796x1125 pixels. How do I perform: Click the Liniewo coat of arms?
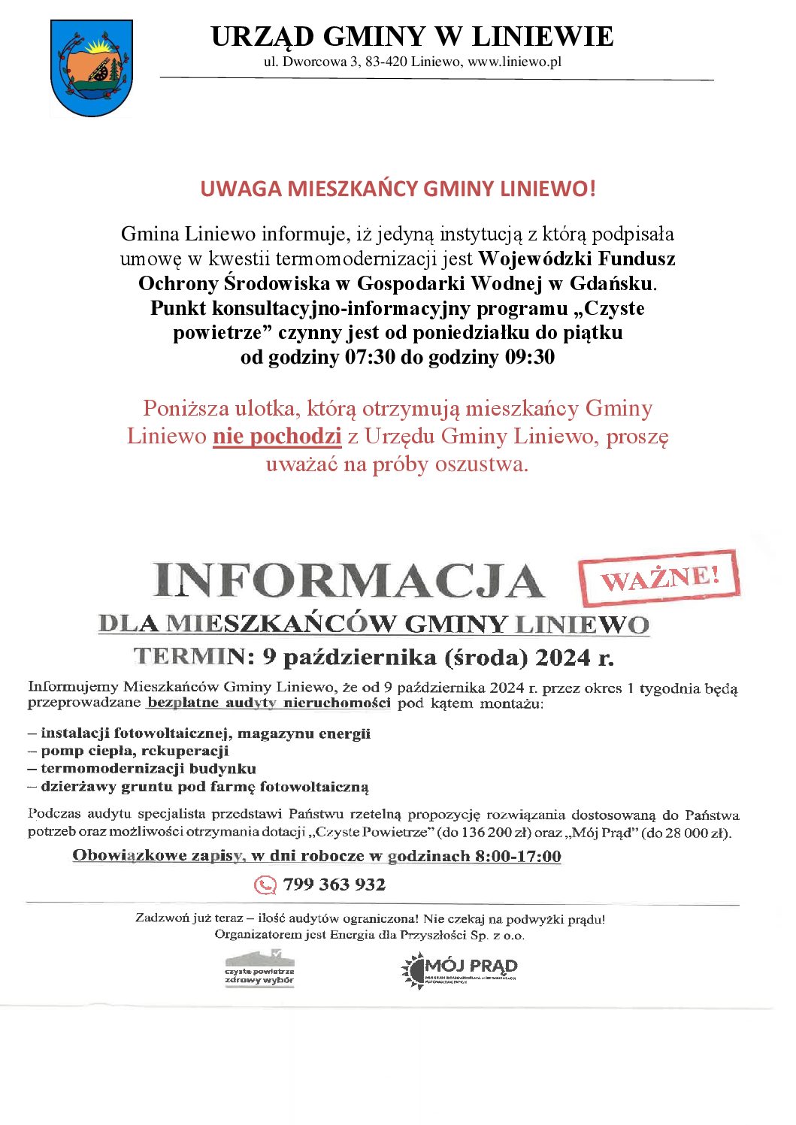coord(91,68)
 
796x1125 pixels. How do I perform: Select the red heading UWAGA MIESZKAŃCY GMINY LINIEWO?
coord(398,188)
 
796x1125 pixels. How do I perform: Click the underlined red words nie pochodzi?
coord(277,436)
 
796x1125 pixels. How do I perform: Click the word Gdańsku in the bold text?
coord(611,283)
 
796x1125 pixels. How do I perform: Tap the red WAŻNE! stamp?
coord(659,577)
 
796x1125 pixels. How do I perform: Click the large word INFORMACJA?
coord(348,581)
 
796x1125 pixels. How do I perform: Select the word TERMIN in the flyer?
coord(189,657)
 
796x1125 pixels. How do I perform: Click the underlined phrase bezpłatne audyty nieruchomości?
coord(268,703)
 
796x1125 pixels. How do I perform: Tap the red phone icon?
coord(265,885)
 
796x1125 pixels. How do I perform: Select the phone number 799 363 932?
coord(334,885)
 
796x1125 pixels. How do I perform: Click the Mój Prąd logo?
coord(459,969)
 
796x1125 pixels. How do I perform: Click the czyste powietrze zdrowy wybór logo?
coord(260,969)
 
